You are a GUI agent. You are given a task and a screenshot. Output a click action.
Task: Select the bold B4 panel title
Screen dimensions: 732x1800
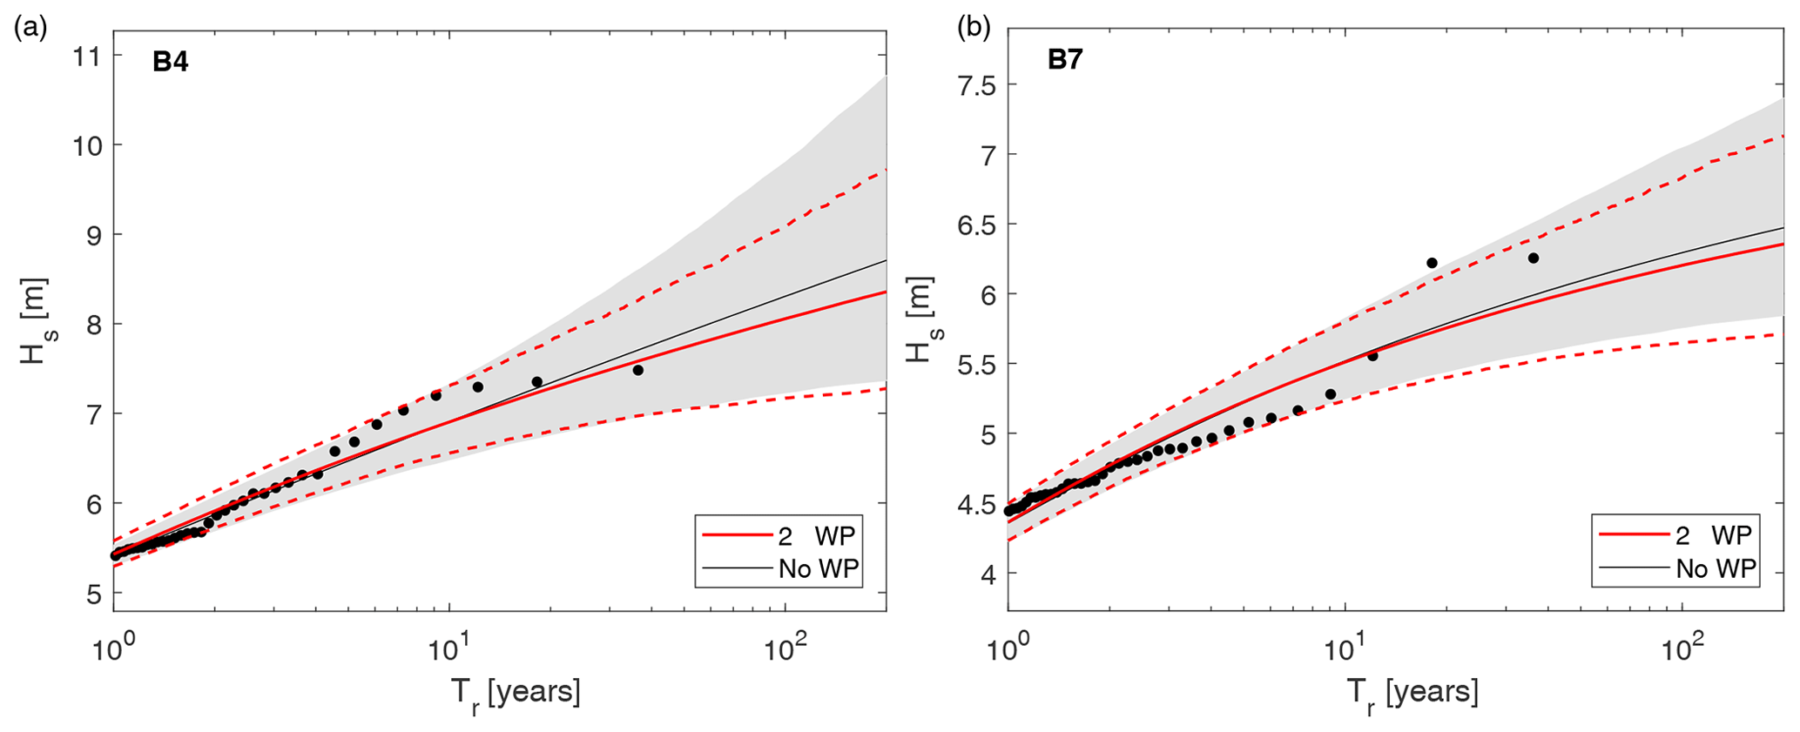point(171,63)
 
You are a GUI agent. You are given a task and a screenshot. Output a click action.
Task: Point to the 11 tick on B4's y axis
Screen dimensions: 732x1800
point(87,56)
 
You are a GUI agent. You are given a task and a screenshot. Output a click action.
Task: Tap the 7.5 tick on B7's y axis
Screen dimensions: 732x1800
point(976,84)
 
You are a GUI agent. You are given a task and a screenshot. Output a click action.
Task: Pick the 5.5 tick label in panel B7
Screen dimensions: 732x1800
point(976,364)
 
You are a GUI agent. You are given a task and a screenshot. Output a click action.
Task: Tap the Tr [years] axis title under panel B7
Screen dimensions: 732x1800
point(1412,694)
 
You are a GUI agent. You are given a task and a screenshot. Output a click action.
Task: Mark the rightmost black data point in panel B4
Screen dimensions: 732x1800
point(637,370)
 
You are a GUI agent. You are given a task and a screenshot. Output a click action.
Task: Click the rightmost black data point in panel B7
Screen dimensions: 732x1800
point(1534,258)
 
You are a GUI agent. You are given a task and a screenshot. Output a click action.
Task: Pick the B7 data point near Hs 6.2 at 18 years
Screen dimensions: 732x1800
point(1432,263)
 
